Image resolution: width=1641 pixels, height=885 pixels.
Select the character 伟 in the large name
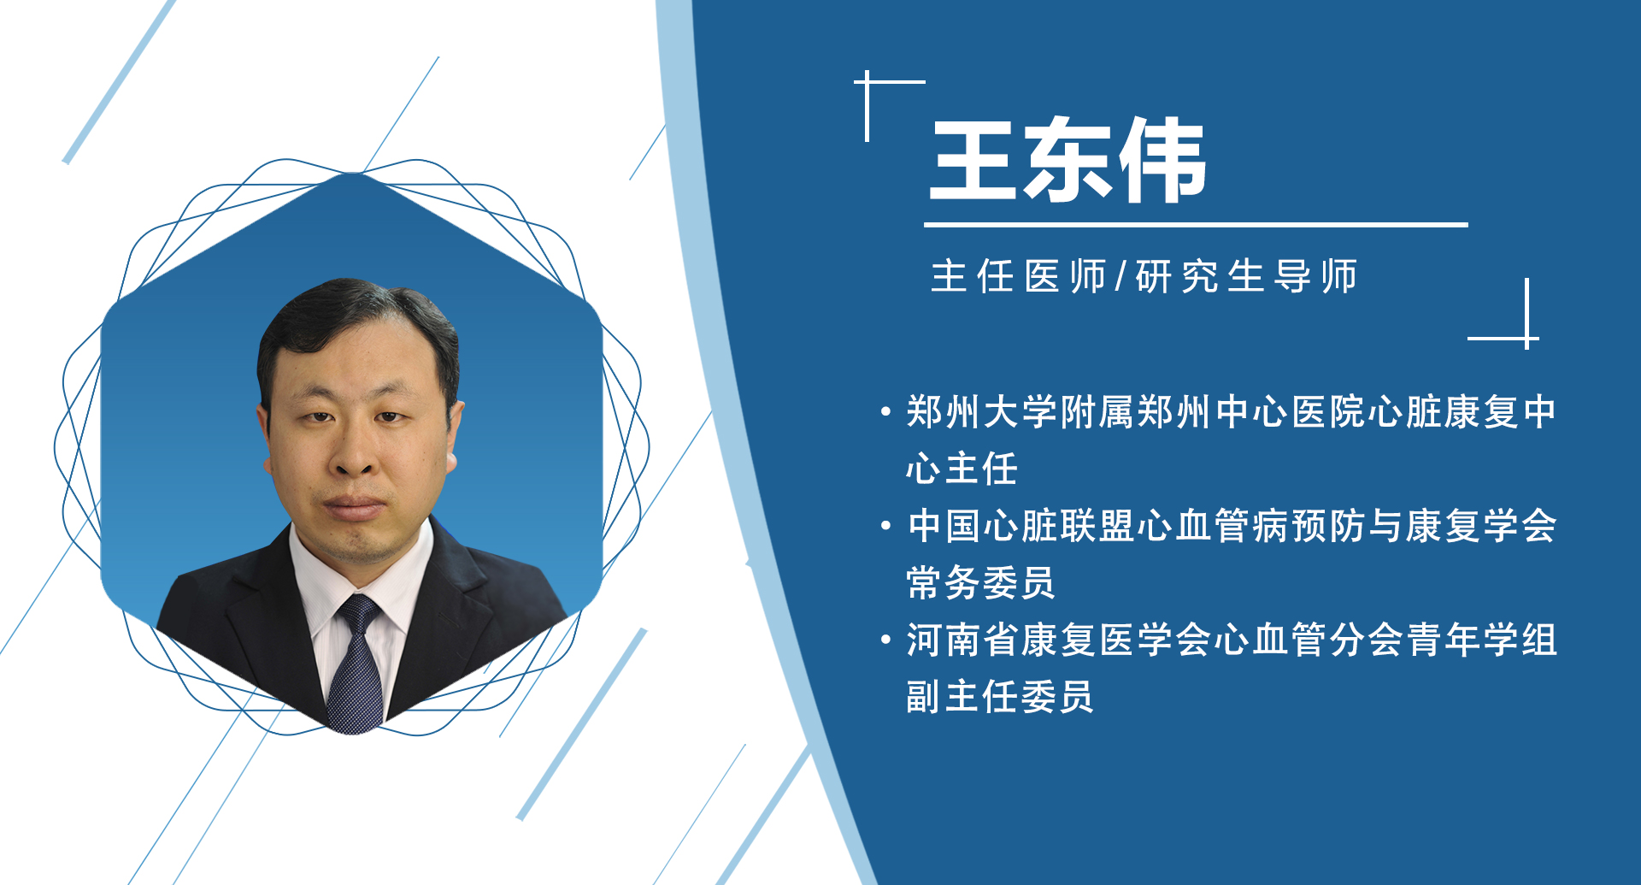[1162, 160]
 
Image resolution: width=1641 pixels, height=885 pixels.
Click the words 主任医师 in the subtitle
[1018, 277]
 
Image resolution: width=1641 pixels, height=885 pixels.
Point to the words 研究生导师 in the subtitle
[1246, 277]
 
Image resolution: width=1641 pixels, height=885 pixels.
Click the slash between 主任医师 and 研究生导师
[1120, 277]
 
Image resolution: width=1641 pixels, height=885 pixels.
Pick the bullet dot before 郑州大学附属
[885, 412]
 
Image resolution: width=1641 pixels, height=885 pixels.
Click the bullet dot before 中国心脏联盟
[885, 526]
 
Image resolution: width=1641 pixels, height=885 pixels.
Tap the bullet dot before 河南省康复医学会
[885, 640]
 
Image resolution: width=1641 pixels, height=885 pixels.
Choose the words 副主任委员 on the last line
[999, 697]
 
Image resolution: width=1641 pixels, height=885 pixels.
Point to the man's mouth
[354, 506]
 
